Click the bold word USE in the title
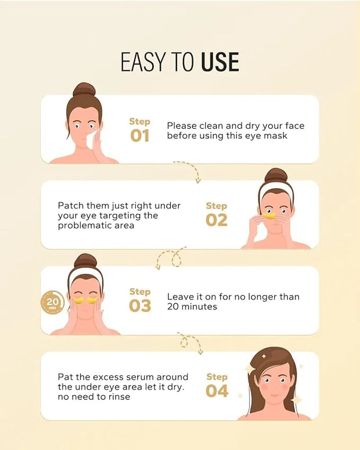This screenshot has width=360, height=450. pyautogui.click(x=220, y=62)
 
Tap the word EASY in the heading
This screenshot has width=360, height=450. pyautogui.click(x=143, y=62)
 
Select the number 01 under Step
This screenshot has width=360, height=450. pyautogui.click(x=140, y=136)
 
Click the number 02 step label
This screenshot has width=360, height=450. pyautogui.click(x=217, y=220)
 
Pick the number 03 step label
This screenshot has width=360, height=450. pyautogui.click(x=140, y=305)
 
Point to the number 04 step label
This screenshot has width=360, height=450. pyautogui.click(x=217, y=391)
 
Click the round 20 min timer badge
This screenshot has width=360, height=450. pyautogui.click(x=52, y=303)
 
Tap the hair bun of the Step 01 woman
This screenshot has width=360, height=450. pyautogui.click(x=84, y=89)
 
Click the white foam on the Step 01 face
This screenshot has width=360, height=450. pyautogui.click(x=92, y=139)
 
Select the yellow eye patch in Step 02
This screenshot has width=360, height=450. pyautogui.click(x=269, y=215)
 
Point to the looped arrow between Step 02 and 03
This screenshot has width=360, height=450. pyautogui.click(x=172, y=257)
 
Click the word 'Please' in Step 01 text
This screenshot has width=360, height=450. pyautogui.click(x=182, y=125)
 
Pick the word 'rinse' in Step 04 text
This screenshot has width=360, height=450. pyautogui.click(x=119, y=397)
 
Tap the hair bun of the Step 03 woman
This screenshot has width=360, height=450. pyautogui.click(x=85, y=261)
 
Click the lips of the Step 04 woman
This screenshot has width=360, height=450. pyautogui.click(x=275, y=396)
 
